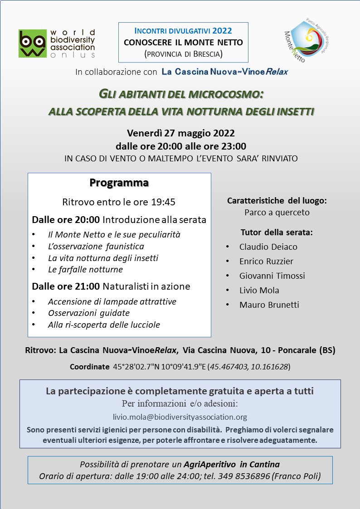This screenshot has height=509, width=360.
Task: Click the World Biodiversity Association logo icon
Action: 32,44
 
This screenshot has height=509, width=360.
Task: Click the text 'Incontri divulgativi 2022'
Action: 183,31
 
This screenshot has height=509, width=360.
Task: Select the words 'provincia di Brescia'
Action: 183,54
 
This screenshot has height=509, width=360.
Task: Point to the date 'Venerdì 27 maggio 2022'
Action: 180,133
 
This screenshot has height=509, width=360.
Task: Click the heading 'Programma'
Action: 119,183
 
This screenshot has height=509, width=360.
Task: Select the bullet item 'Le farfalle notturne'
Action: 85,269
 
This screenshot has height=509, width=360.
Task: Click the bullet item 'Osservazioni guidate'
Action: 89,313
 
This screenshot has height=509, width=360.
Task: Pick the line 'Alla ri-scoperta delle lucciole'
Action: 104,325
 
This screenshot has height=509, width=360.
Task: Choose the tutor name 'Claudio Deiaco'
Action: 268,247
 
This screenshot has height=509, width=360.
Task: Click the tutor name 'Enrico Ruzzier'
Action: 266,262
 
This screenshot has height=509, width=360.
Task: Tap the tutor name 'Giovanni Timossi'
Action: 272,276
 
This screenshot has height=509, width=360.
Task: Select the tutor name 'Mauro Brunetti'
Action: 269,305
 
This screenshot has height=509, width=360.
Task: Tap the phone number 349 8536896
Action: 247,476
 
